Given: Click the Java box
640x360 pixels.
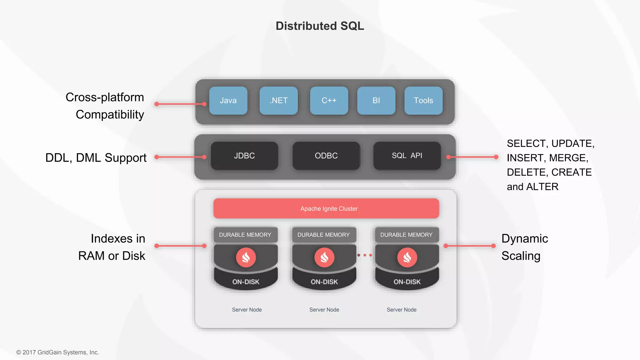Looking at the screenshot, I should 228,101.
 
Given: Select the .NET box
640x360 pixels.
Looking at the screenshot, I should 278,101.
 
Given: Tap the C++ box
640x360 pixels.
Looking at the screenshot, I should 329,101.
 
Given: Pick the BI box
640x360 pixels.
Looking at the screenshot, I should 376,101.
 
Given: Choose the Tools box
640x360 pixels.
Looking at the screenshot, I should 423,101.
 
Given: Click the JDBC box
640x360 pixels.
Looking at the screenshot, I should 244,156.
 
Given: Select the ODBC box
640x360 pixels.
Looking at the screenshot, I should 326,156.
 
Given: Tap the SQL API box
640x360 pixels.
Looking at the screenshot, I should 407,156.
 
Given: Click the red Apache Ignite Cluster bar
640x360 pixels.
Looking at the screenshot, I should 326,208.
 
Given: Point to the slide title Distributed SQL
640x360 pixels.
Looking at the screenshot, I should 320,26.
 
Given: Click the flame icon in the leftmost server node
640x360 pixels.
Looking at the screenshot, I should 246,257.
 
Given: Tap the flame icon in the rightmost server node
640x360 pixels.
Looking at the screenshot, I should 407,257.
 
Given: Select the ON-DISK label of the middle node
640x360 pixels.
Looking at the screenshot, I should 324,282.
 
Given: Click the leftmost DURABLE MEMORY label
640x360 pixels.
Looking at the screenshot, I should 245,235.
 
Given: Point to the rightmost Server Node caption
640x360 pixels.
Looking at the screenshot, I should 402,310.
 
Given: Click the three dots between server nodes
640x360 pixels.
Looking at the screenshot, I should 365,255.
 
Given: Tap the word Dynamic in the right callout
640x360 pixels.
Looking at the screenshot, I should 524,239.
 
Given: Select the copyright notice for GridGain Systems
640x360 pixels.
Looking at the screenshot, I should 58,352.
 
